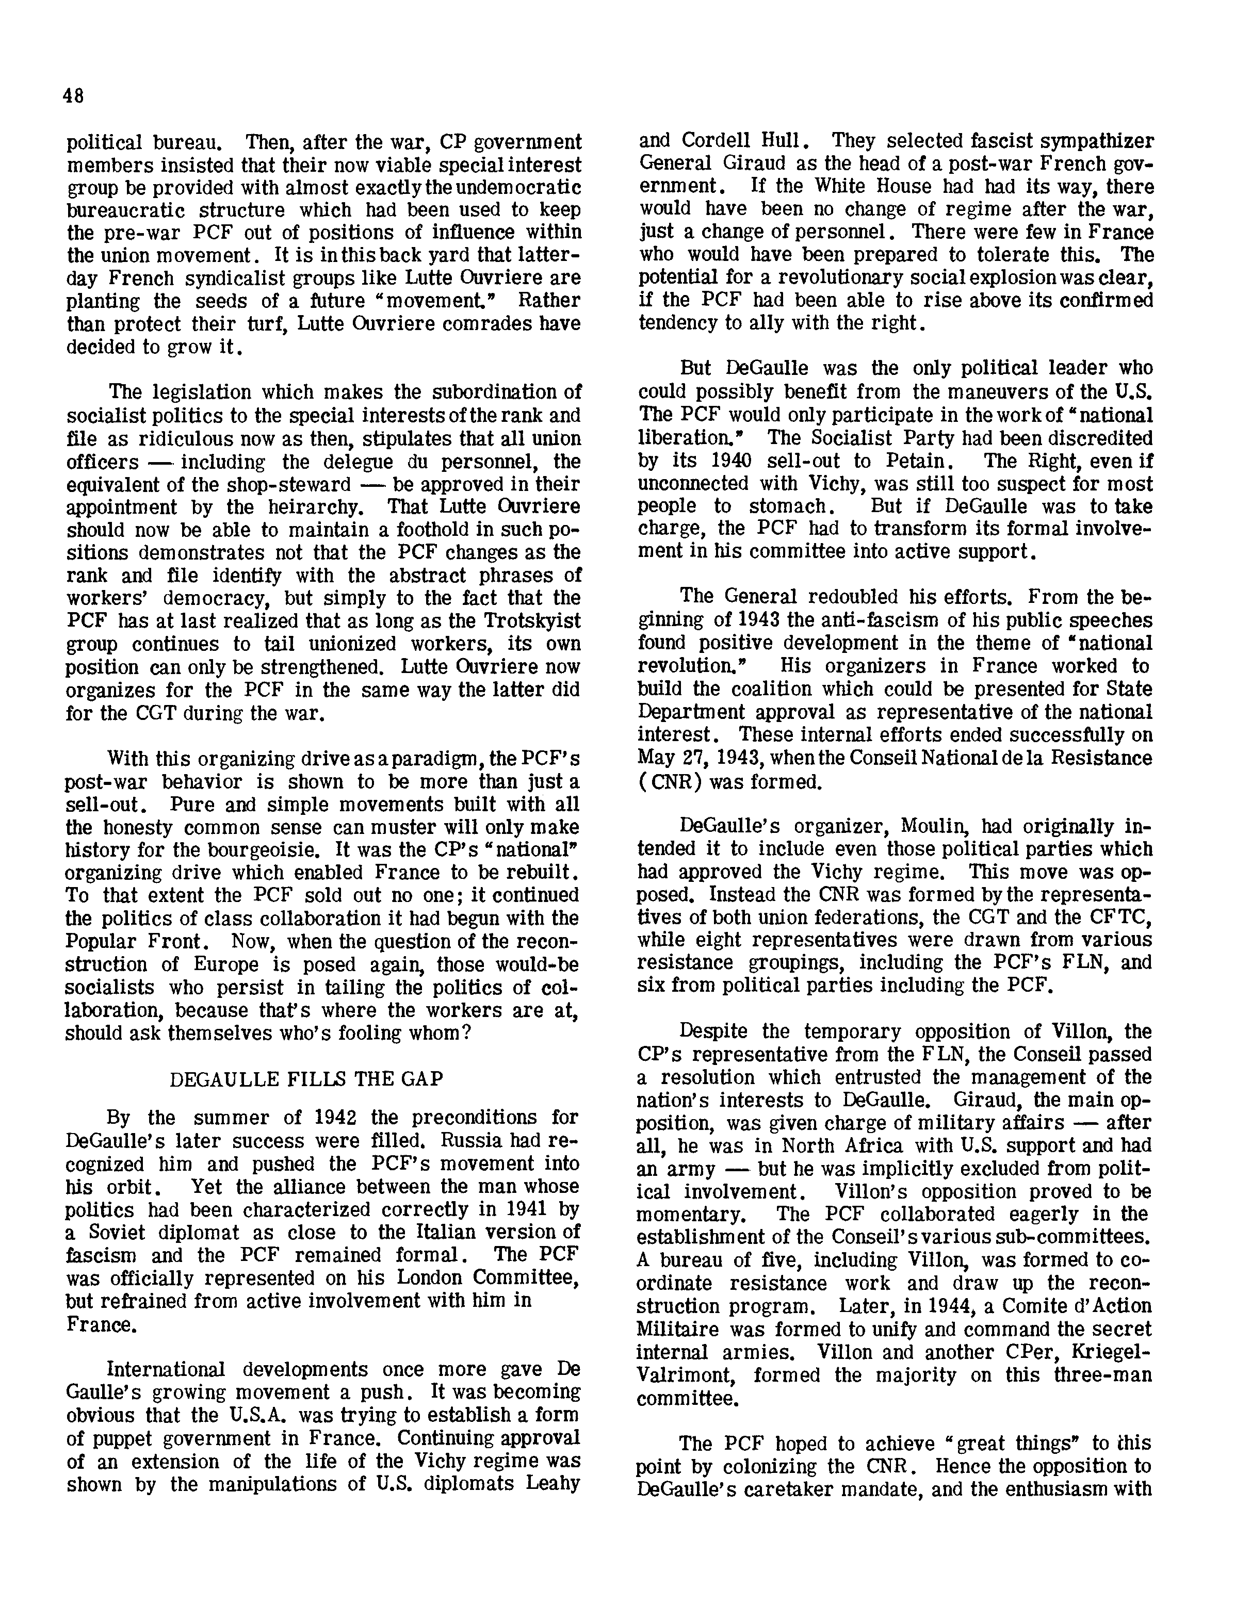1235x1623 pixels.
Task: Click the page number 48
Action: pyautogui.click(x=73, y=96)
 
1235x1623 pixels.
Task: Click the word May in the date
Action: pyautogui.click(x=652, y=758)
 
